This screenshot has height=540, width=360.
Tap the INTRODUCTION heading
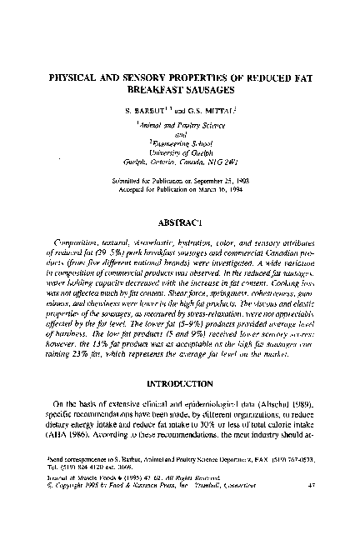(180, 384)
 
